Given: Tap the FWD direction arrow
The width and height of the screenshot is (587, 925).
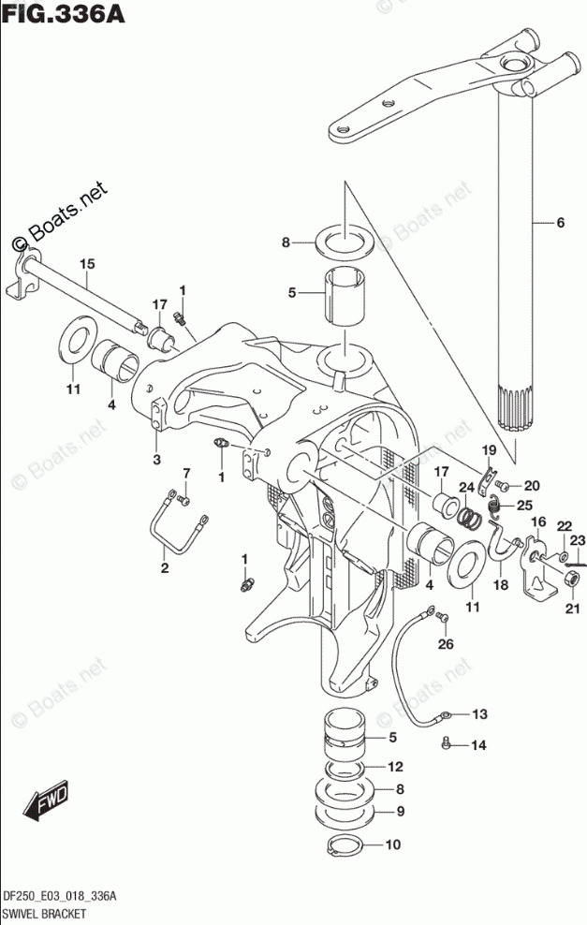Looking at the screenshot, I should [46, 801].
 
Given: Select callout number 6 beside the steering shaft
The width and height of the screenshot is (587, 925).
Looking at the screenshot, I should [560, 223].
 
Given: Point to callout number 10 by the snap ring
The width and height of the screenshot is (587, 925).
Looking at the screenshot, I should [392, 844].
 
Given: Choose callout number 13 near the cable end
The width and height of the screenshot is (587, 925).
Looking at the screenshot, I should [479, 715].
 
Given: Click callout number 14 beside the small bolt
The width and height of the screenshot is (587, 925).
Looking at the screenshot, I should [479, 746].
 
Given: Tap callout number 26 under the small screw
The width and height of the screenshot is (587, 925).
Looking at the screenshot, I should [445, 642].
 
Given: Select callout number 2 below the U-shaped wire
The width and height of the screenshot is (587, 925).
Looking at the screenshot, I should [164, 568].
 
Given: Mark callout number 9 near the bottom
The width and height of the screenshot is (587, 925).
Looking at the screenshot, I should [399, 811].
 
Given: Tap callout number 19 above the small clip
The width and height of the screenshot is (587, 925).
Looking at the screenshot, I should [488, 451].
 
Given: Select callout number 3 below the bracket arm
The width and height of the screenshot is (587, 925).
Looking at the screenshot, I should [156, 459].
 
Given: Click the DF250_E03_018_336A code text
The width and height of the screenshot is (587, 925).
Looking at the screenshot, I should [60, 895].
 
